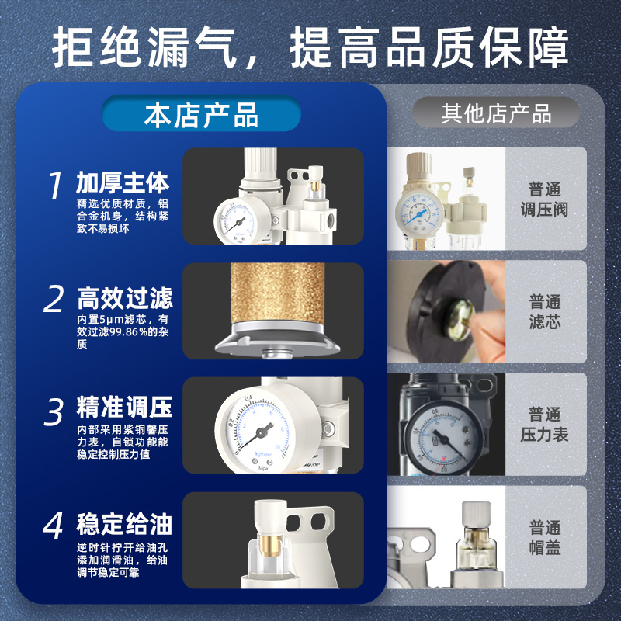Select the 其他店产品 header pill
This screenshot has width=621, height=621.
click(496, 113)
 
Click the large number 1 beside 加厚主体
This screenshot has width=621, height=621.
click(54, 186)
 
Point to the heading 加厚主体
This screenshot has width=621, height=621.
click(123, 182)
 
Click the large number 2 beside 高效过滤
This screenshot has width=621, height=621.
click(54, 300)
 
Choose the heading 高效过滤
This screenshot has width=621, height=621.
click(124, 297)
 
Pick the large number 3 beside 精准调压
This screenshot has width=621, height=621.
click(54, 412)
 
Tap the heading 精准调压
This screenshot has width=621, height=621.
click(124, 408)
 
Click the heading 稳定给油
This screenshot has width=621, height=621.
click(124, 524)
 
